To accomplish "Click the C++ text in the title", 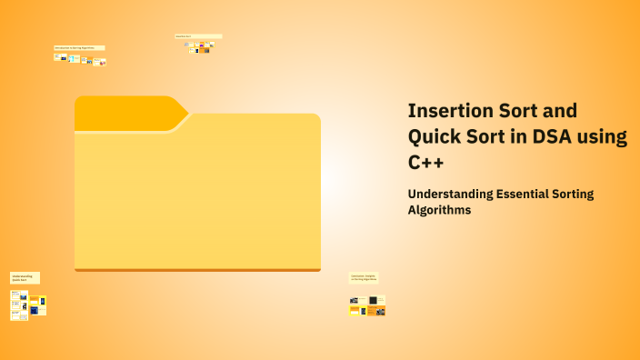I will tap(427, 163).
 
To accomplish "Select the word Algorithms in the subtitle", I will tap(440, 210).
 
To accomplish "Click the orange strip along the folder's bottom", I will tap(197, 269).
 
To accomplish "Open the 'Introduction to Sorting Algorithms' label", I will tap(79, 47).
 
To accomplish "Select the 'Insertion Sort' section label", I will tap(198, 36).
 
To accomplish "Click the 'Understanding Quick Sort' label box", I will tap(25, 277).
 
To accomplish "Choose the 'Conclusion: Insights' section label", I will tap(365, 277).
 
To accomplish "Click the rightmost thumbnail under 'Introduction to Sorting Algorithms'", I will tap(102, 62).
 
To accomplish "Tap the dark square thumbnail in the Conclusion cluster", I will tap(373, 300).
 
